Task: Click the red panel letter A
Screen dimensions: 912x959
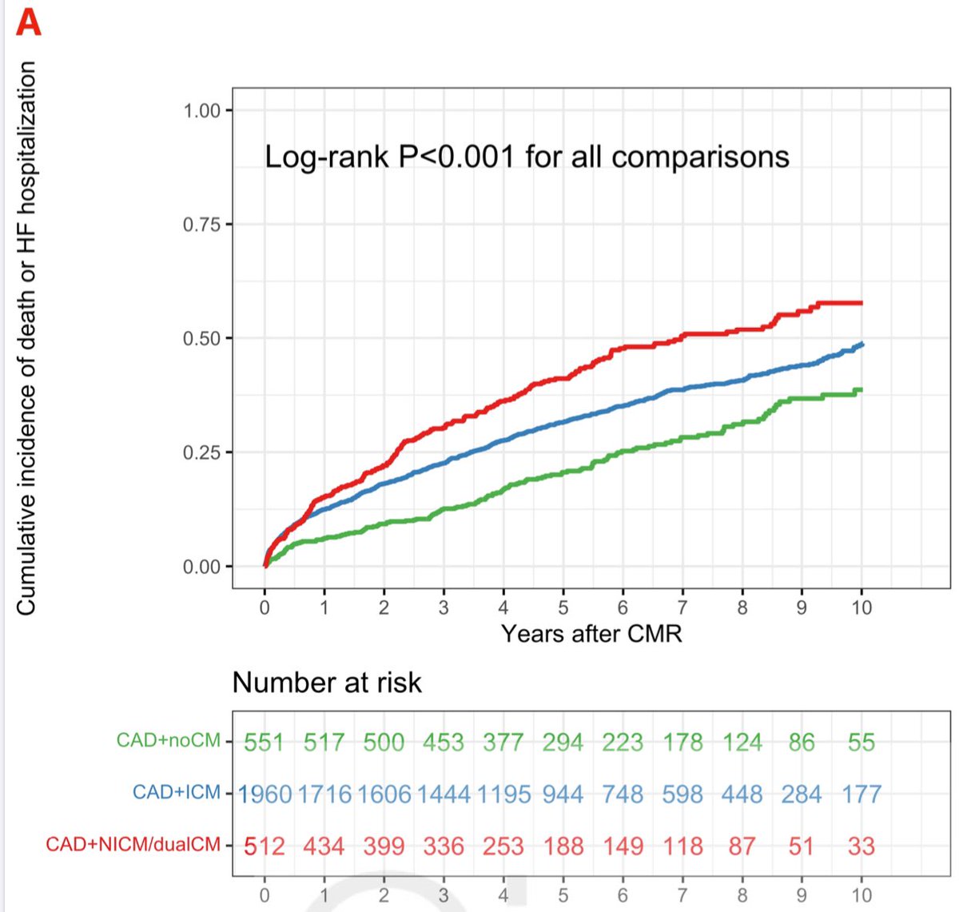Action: pyautogui.click(x=28, y=22)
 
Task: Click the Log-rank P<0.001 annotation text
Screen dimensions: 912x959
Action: pyautogui.click(x=527, y=157)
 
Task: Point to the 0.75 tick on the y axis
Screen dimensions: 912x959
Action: pyautogui.click(x=201, y=225)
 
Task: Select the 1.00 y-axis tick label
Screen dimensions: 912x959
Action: pyautogui.click(x=201, y=110)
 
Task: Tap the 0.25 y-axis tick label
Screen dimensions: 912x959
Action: pyautogui.click(x=201, y=452)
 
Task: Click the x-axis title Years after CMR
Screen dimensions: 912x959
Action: pyautogui.click(x=591, y=634)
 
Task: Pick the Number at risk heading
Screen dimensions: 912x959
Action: pyautogui.click(x=327, y=683)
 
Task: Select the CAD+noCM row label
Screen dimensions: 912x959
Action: pyautogui.click(x=168, y=741)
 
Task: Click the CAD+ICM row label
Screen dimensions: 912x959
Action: pyautogui.click(x=176, y=793)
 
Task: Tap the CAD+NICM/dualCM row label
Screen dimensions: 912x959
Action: pyautogui.click(x=133, y=845)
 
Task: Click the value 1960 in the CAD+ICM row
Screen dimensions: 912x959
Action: pyautogui.click(x=265, y=795)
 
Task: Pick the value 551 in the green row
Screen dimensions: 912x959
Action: pyautogui.click(x=264, y=743)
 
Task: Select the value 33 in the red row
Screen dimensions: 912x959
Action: pyautogui.click(x=861, y=846)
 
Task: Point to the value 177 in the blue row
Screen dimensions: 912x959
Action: pyautogui.click(x=861, y=795)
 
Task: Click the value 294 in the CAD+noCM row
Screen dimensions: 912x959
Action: pyautogui.click(x=563, y=743)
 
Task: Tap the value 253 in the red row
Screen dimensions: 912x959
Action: pyautogui.click(x=503, y=846)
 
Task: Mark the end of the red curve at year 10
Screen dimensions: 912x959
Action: pyautogui.click(x=861, y=303)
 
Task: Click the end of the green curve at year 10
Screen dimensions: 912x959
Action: pyautogui.click(x=861, y=390)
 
